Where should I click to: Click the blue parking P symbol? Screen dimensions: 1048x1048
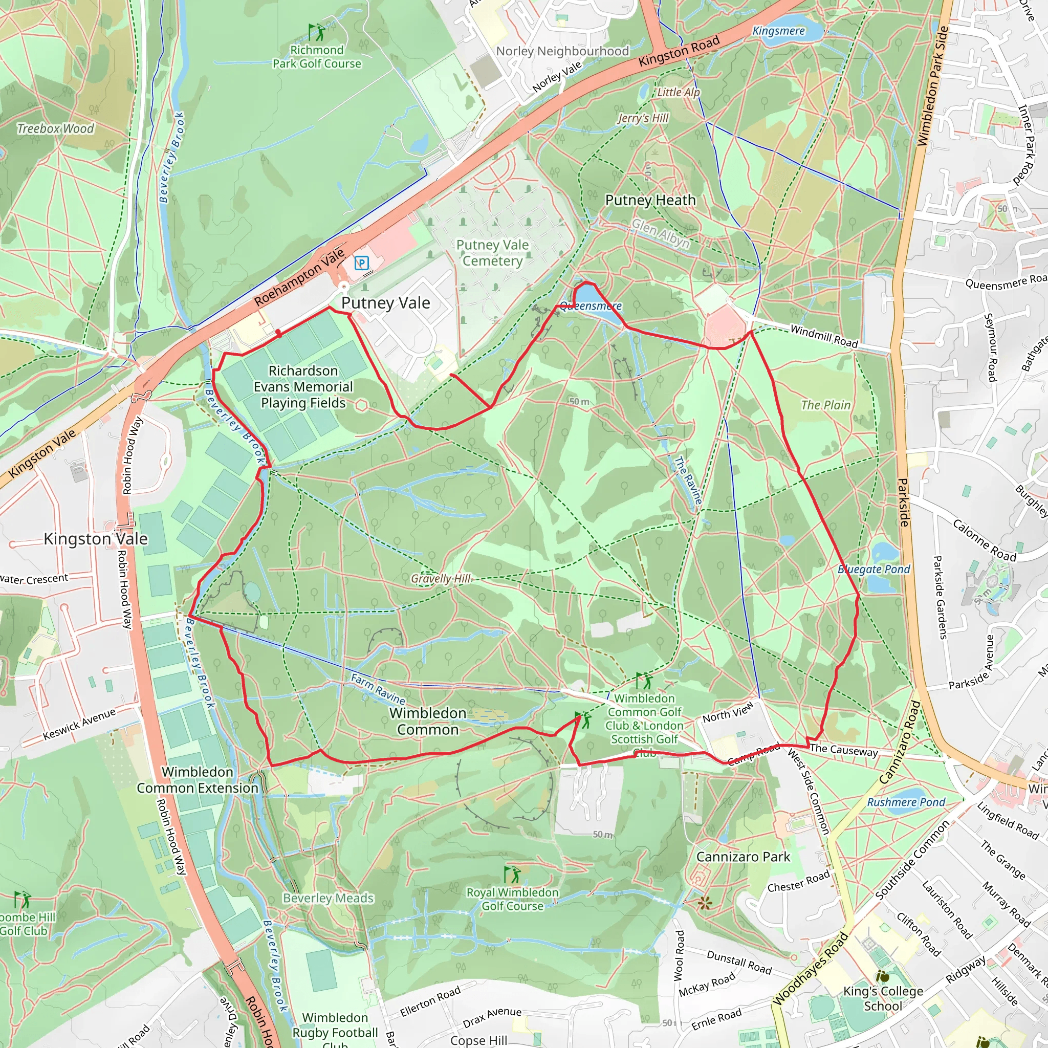pos(362,264)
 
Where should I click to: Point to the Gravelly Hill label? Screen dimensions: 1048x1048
pos(441,579)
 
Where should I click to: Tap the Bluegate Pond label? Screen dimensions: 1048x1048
pos(874,569)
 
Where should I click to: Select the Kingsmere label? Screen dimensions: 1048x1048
pos(778,31)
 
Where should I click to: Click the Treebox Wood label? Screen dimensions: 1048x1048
pos(55,128)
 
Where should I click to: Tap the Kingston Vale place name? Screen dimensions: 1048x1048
pos(96,539)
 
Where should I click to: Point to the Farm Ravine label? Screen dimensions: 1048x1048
pos(378,688)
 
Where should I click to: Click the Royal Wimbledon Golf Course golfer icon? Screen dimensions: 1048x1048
pos(512,875)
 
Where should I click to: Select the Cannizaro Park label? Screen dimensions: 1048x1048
pos(743,857)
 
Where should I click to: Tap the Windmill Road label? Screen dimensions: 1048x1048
pos(824,336)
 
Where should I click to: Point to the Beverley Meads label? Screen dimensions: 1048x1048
pos(328,898)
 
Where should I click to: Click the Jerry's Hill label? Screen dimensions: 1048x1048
pos(643,118)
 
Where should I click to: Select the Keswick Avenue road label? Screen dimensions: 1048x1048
pos(79,724)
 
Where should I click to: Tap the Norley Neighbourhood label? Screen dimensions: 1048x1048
pos(562,51)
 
